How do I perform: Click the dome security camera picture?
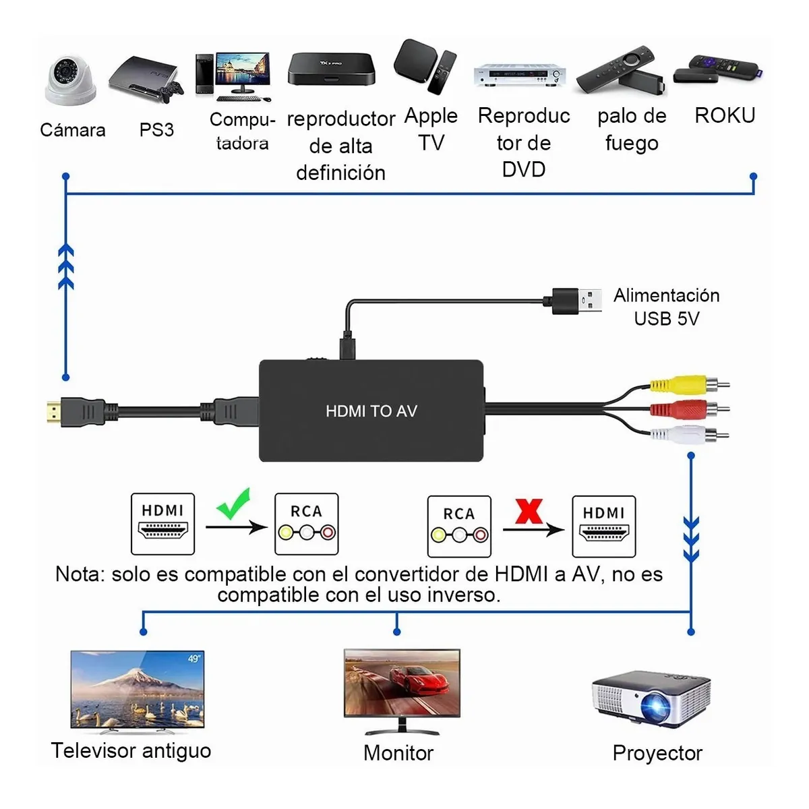pos(69,80)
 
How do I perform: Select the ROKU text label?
pos(725,115)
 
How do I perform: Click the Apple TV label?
pos(431,129)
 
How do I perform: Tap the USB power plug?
pos(576,300)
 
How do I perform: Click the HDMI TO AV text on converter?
pos(371,411)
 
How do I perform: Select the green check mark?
pos(233,503)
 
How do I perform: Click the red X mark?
pos(529,511)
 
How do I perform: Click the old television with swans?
pos(137,690)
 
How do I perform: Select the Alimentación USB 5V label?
pos(666,307)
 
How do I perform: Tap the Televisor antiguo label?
pos(131,750)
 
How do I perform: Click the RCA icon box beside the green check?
pos(306,524)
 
